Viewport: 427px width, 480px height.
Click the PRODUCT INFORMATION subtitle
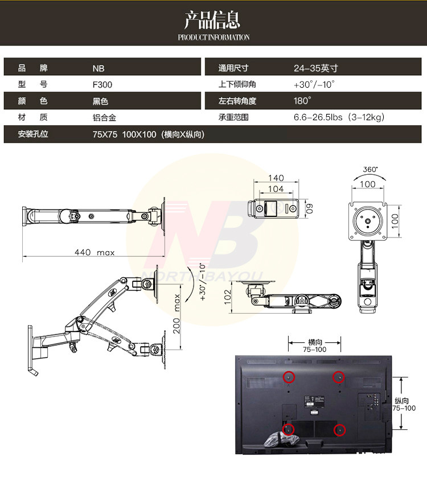[213, 38]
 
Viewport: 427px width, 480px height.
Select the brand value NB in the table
[98, 68]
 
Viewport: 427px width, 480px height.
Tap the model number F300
[102, 85]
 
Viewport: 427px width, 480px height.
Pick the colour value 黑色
[100, 101]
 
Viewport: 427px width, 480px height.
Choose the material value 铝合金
[104, 118]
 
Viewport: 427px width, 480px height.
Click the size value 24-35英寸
[315, 68]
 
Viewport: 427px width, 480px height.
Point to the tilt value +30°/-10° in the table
[314, 84]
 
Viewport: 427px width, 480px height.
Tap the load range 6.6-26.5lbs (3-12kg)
[340, 118]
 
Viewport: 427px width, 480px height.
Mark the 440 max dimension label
[95, 252]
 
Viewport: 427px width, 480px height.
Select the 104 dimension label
[276, 188]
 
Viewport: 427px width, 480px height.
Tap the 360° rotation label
[370, 170]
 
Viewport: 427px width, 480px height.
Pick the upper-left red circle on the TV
[289, 376]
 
